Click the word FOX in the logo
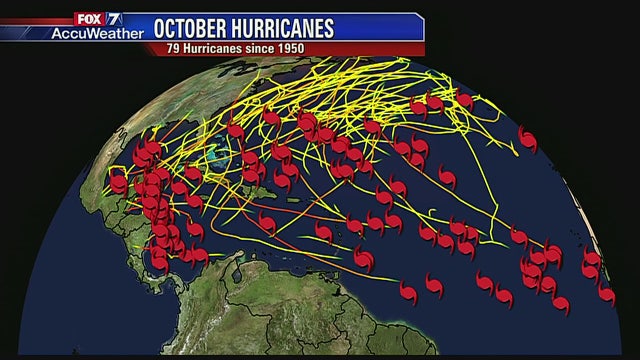(88, 17)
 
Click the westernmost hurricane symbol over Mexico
(118, 183)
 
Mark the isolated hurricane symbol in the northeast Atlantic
(527, 139)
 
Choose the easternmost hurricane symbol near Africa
(606, 294)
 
